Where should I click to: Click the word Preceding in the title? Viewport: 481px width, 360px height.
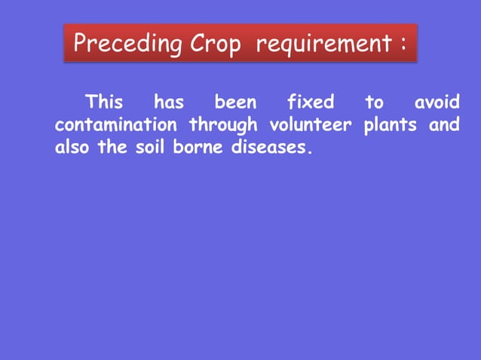pos(127,44)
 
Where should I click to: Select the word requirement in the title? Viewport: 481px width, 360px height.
pos(323,44)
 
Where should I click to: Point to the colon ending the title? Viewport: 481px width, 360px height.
pos(405,46)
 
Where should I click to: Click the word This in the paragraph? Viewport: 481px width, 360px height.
pos(104,102)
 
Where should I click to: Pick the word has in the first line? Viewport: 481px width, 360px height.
pos(168,102)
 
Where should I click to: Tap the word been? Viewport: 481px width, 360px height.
pos(235,102)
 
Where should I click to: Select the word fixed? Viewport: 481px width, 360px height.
pos(310,102)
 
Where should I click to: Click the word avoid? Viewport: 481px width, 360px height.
pos(437,102)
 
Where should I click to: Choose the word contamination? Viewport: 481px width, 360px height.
pos(116,124)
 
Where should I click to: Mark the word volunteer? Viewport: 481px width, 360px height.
pos(309,124)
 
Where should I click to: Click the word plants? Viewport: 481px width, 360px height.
pos(390,125)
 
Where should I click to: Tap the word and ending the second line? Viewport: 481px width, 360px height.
pos(444,124)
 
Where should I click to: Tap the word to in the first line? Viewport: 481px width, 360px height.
pos(374,102)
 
